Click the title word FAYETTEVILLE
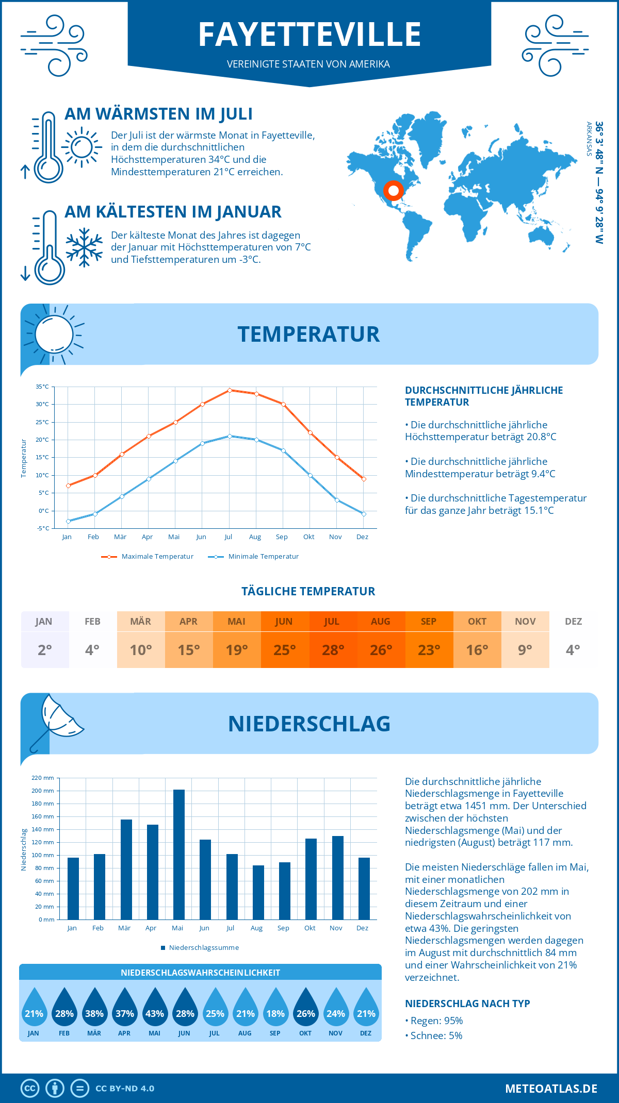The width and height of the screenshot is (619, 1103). point(309,35)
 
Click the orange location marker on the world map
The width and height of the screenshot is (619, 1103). point(393,191)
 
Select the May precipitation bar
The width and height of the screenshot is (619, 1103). point(178,854)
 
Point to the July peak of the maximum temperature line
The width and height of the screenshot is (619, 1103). point(230,390)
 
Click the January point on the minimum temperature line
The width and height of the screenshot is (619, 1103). point(68,521)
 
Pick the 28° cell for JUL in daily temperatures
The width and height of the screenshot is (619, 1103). point(333,650)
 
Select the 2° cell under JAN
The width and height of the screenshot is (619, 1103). point(45,650)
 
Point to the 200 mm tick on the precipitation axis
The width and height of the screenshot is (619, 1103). point(43,791)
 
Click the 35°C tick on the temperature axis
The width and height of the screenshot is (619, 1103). point(42,387)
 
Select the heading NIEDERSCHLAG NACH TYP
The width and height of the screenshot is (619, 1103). point(467,1004)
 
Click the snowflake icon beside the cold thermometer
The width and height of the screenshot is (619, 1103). point(84,247)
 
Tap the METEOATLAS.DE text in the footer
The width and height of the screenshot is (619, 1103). point(551,1089)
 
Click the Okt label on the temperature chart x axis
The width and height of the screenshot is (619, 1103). point(308,537)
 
